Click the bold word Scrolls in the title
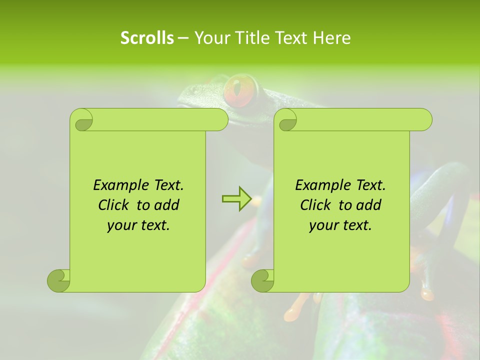[x=147, y=38]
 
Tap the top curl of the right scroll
[x=287, y=120]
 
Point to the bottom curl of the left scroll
[x=58, y=280]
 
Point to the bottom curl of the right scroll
[x=262, y=280]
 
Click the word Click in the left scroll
[x=115, y=205]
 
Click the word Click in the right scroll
[x=317, y=205]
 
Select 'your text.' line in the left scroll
[x=138, y=225]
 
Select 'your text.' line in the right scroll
[x=340, y=225]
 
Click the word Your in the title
[x=209, y=38]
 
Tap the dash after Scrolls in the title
[x=183, y=38]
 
